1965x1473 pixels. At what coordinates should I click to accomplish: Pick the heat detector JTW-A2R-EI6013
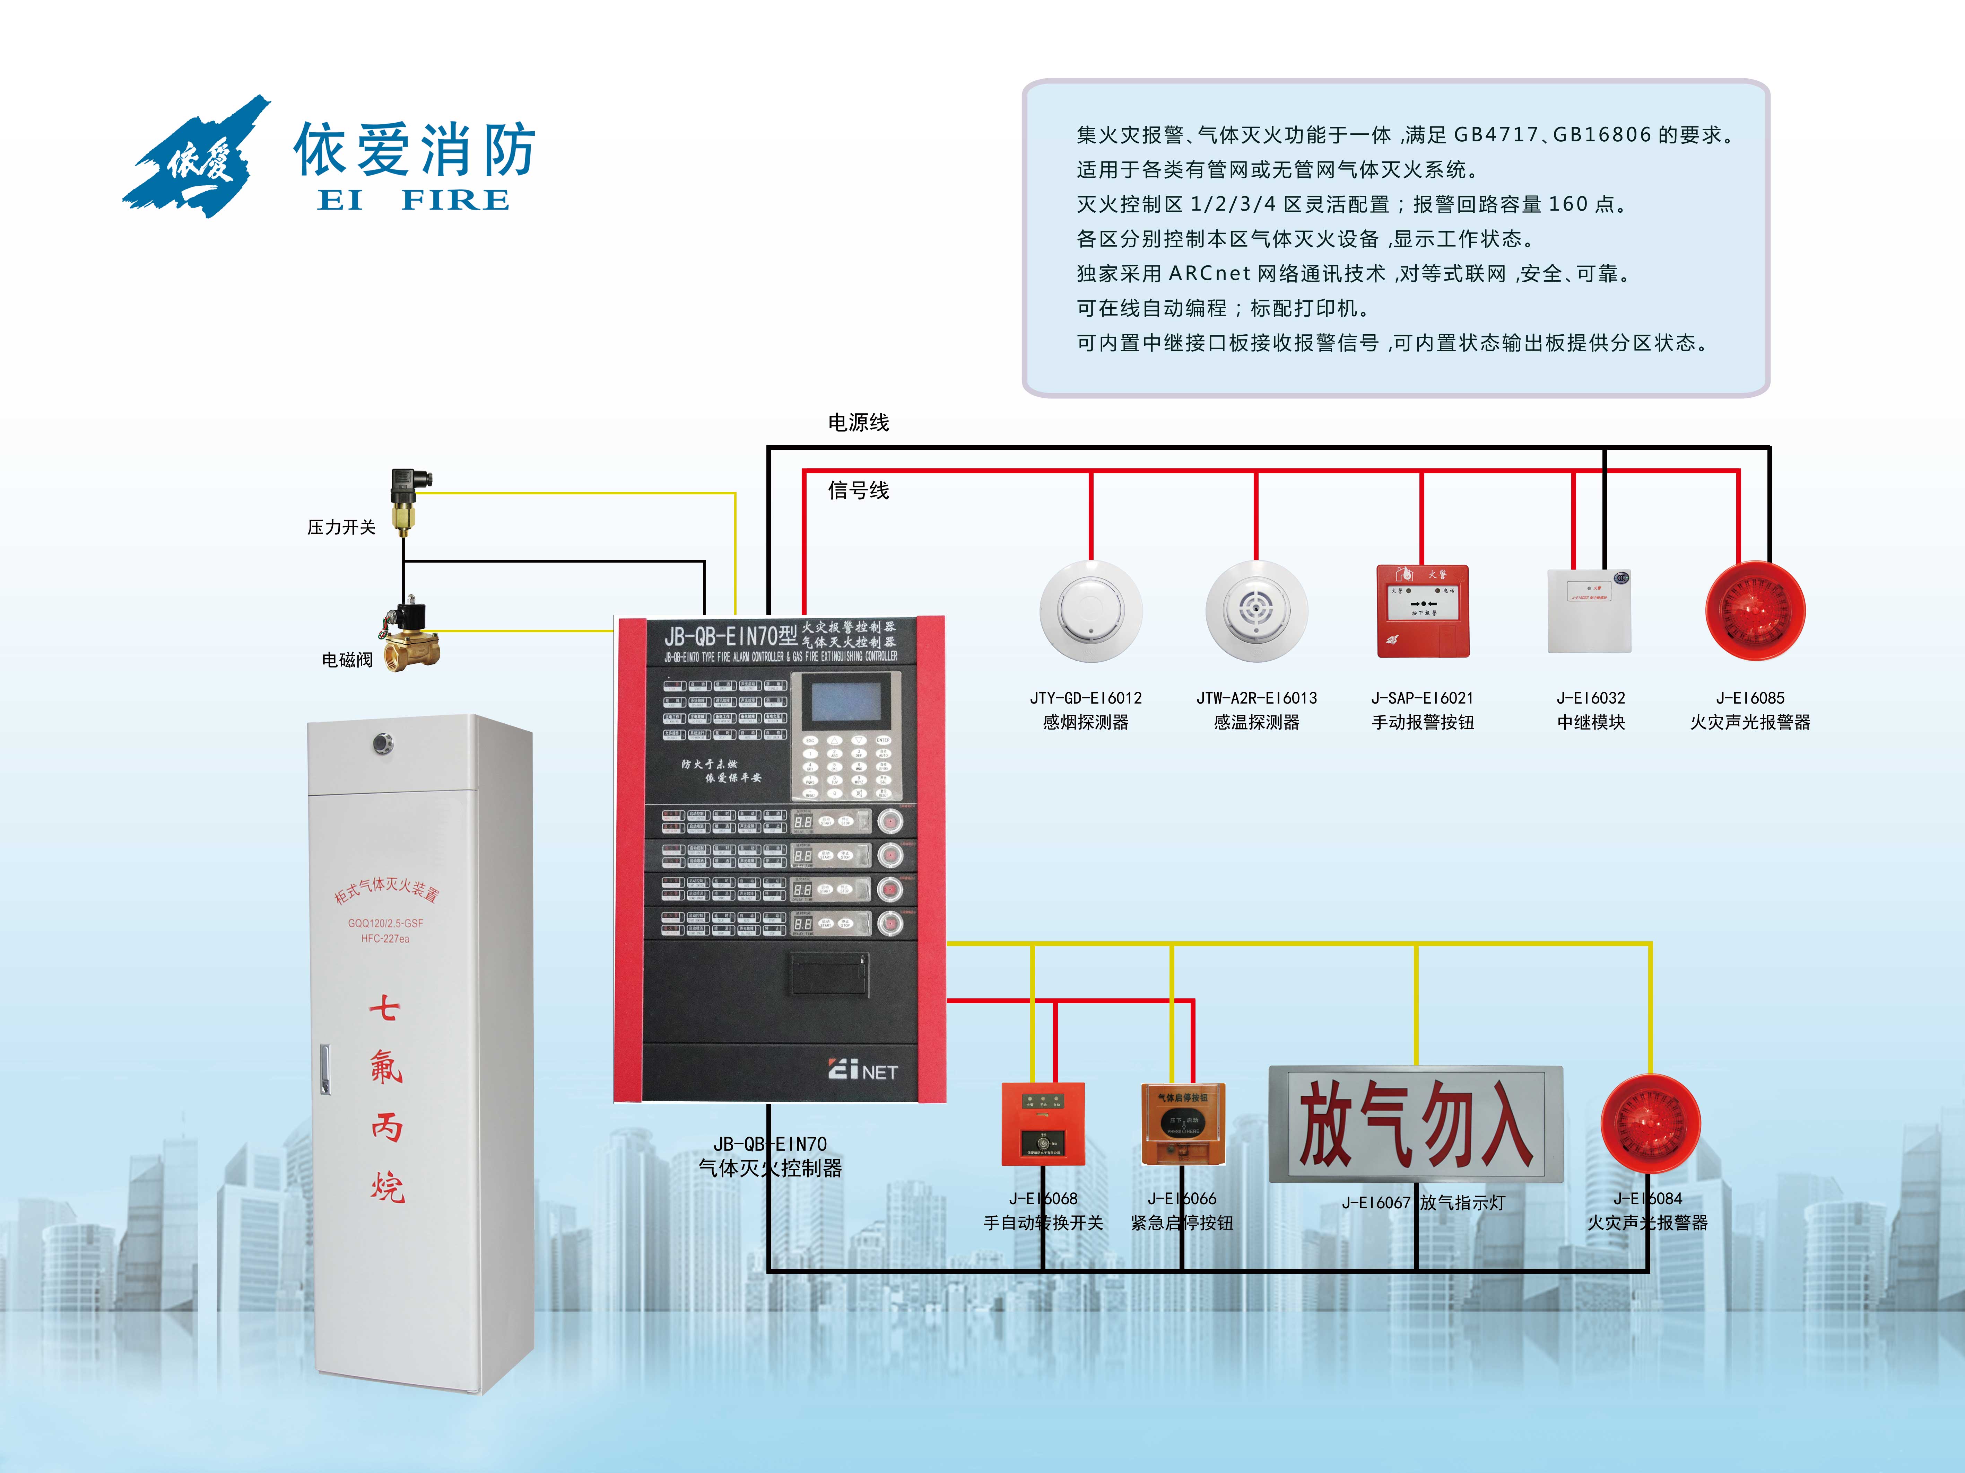(1256, 611)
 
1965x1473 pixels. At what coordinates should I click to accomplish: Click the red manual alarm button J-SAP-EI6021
(1422, 611)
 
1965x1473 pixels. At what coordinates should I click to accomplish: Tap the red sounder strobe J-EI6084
(1651, 1123)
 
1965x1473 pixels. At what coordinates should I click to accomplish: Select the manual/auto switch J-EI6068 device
(1043, 1123)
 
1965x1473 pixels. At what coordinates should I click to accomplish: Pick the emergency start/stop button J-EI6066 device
(1182, 1123)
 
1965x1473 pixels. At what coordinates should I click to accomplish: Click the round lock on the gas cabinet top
(383, 743)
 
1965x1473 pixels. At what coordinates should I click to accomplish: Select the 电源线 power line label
(858, 423)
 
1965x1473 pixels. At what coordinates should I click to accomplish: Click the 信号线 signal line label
(858, 490)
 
